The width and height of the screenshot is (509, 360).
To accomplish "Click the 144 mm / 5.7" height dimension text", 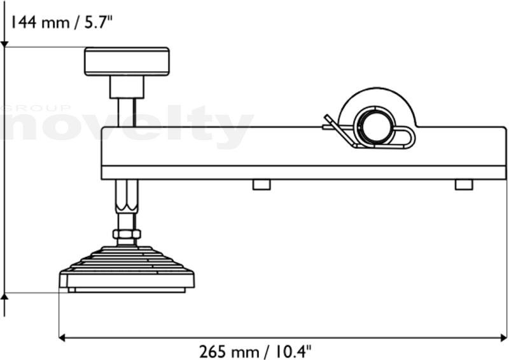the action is coord(62,23).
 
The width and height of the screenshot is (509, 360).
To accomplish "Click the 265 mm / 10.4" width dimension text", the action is coord(255,352).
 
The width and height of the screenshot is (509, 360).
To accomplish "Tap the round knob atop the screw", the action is coord(127,62).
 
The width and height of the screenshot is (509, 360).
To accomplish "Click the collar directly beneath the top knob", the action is coord(127,87).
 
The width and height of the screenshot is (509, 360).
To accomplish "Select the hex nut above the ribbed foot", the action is coord(127,233).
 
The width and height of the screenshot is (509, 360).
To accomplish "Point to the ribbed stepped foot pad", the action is coord(127,270).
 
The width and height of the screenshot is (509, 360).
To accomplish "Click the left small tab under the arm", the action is coord(261,184).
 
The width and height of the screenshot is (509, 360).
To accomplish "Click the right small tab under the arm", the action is coord(464,184).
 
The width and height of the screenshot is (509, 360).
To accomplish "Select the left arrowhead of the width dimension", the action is coord(62,338).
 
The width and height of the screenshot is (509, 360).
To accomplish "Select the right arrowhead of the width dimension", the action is coord(503,338).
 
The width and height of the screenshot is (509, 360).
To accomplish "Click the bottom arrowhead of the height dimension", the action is coord(4,296).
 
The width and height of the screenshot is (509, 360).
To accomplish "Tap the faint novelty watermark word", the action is coord(127,126).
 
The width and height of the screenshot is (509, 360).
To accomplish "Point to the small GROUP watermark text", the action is coord(35,108).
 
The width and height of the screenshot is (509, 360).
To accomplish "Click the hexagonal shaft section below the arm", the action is coord(127,196).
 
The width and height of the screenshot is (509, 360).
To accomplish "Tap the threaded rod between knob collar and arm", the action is coord(127,113).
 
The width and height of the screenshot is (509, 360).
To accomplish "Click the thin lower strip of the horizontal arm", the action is coord(304,173).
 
